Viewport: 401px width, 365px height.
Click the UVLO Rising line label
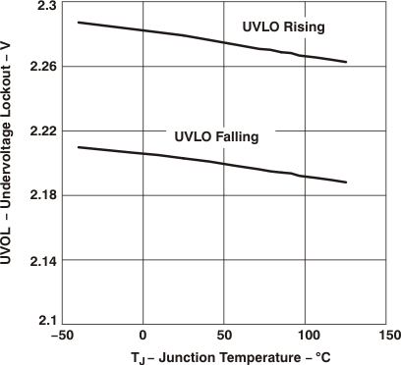point(285,27)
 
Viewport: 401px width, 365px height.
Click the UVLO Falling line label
point(216,137)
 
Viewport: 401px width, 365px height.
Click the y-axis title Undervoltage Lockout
point(9,163)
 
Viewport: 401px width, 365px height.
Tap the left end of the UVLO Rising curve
point(78,22)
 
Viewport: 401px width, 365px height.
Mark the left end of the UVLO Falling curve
point(78,147)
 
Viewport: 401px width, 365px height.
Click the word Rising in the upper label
point(306,27)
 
